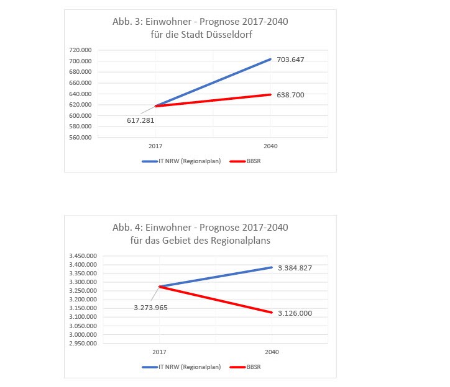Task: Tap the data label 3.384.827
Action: pos(294,268)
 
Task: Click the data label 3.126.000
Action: pos(294,313)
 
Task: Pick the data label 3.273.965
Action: pos(152,307)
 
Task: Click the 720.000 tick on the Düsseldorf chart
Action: pos(80,50)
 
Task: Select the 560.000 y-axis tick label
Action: pos(80,138)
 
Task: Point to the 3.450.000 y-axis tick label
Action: pos(83,256)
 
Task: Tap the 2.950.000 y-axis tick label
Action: pos(83,343)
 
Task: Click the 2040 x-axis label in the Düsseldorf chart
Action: pos(270,146)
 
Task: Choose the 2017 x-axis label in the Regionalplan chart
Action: pos(159,352)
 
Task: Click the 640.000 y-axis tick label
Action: pos(80,94)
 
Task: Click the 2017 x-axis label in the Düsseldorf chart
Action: pos(155,146)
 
